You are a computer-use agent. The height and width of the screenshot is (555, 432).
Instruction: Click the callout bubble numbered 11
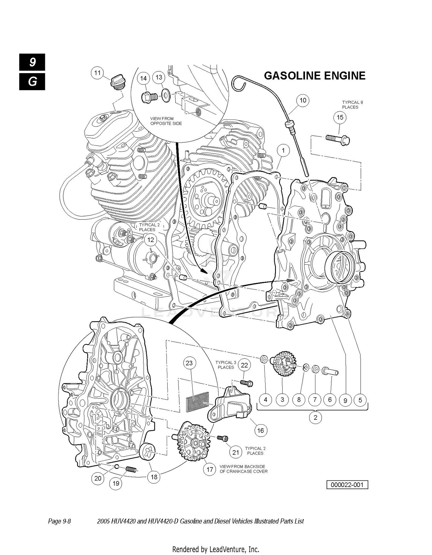click(97, 73)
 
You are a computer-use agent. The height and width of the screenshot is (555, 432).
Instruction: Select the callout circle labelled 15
click(340, 117)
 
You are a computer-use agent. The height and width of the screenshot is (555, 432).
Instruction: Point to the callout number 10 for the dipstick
click(303, 101)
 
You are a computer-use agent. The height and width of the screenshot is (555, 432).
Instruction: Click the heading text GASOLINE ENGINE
click(314, 76)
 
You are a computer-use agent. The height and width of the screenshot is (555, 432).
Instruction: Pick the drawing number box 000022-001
click(347, 485)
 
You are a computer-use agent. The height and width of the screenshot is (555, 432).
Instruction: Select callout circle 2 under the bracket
click(315, 417)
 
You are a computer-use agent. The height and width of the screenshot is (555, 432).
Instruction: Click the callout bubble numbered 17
click(210, 470)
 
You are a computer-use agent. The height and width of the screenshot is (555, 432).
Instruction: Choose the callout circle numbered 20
click(98, 478)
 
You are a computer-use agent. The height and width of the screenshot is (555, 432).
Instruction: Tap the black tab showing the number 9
click(32, 62)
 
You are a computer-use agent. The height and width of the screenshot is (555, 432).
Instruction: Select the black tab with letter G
click(32, 82)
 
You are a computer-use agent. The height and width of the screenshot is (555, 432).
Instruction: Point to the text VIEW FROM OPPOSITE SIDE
click(166, 121)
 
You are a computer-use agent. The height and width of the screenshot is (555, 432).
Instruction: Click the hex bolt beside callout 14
click(149, 97)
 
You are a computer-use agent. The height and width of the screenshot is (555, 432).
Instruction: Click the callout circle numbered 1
click(283, 150)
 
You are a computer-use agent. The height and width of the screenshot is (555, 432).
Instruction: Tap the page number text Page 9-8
click(59, 521)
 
